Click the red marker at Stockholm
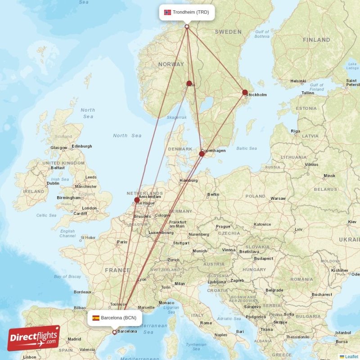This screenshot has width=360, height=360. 245,93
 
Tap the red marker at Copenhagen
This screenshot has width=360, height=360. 202,154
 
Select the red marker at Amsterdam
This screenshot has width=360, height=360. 137,200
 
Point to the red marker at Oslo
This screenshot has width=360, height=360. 189,83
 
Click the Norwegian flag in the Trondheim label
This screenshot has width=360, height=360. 167,12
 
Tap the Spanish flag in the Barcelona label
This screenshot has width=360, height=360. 96,318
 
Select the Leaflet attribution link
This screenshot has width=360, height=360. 351,356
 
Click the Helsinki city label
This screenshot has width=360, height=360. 298,81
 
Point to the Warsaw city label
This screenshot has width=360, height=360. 278,198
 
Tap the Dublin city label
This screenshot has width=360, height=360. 53,183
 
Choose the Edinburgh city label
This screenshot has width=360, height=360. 81,146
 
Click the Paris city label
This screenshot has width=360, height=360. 122,242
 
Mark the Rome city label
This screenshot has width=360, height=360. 206,323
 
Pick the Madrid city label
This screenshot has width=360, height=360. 74,339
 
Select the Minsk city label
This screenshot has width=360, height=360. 329,176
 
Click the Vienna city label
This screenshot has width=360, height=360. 228,250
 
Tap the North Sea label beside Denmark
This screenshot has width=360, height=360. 127,136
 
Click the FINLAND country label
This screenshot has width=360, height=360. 316,40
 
